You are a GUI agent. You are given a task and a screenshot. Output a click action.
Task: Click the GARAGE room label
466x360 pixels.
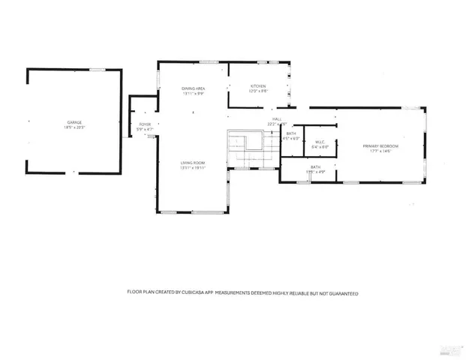(74, 122)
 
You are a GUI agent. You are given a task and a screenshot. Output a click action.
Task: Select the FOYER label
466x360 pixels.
(145, 124)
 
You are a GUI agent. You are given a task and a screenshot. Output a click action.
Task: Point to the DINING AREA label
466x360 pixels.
(193, 88)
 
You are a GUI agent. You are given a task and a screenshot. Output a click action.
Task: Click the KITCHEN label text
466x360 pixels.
(258, 85)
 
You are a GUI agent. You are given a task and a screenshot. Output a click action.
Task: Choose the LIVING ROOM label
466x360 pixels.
(193, 163)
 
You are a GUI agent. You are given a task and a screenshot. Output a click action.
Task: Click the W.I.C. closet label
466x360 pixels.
(319, 142)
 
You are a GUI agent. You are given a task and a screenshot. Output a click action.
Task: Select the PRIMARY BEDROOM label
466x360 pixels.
(380, 145)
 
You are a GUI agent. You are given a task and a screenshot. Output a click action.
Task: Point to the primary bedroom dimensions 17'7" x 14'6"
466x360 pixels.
(380, 151)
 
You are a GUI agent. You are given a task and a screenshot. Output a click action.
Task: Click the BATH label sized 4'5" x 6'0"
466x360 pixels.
(290, 133)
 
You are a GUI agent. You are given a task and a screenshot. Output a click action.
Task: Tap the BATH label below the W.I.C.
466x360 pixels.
(315, 167)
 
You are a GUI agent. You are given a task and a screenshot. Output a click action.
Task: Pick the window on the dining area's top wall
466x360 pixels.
(209, 61)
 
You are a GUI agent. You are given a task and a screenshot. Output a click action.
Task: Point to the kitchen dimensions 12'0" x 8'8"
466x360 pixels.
(258, 91)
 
